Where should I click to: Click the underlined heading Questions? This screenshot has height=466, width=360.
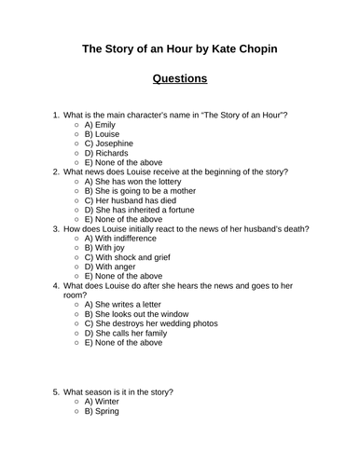click(180, 78)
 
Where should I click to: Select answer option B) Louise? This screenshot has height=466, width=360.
click(104, 134)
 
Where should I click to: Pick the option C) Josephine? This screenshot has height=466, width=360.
click(112, 144)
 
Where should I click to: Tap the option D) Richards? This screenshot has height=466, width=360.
click(108, 155)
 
